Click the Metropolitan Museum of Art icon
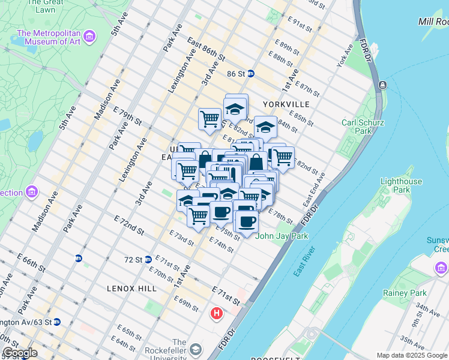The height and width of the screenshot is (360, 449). pyautogui.click(x=89, y=37)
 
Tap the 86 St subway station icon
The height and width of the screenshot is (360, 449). pyautogui.click(x=250, y=74)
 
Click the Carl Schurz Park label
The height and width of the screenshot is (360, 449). pyautogui.click(x=363, y=127)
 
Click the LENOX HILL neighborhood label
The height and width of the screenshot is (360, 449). pyautogui.click(x=131, y=288)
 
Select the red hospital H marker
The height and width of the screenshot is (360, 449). pyautogui.click(x=216, y=313)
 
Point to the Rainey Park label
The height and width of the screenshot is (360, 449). pyautogui.click(x=405, y=293)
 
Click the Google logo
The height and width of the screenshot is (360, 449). pyautogui.click(x=20, y=353)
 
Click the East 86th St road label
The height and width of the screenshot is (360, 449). pyautogui.click(x=205, y=50)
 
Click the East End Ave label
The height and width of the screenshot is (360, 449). pyautogui.click(x=317, y=186)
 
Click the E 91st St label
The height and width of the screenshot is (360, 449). pyautogui.click(x=300, y=25)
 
